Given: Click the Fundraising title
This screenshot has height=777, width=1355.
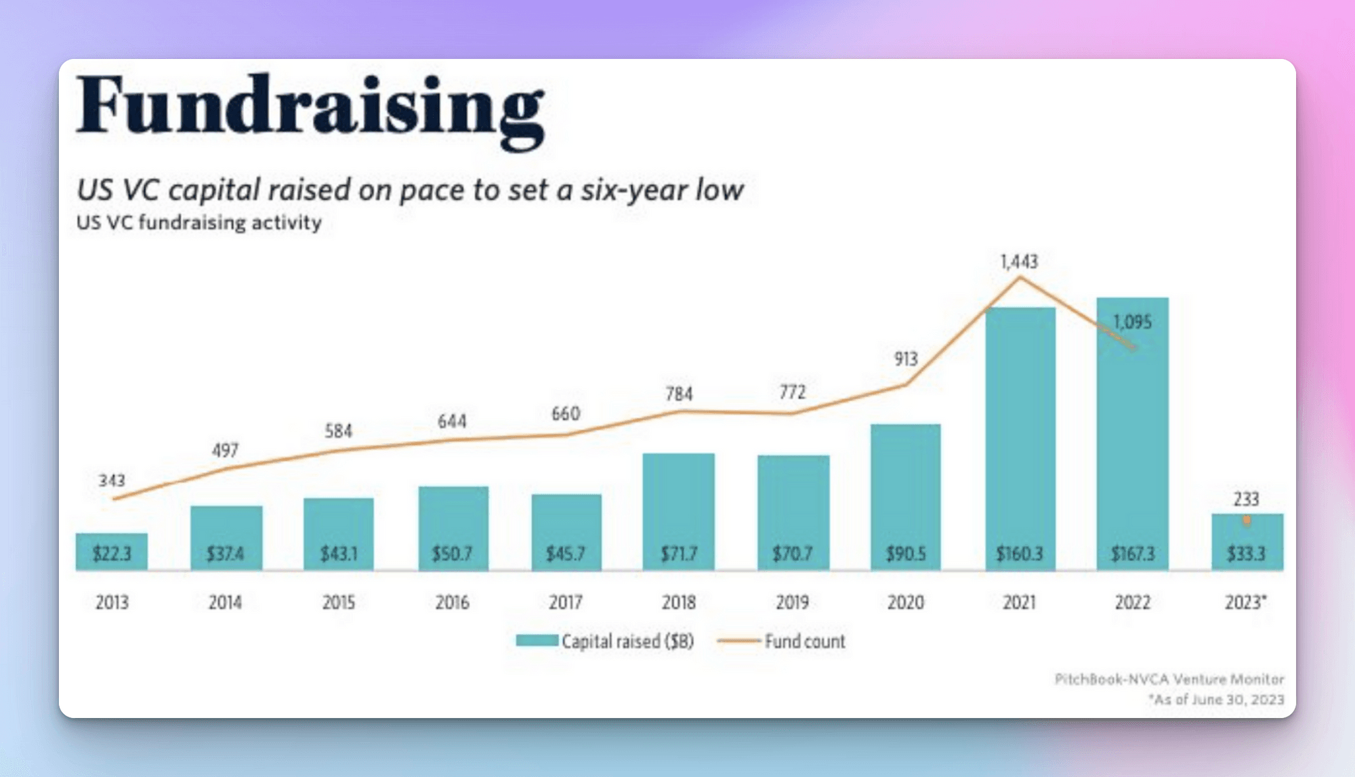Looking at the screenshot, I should pos(310,108).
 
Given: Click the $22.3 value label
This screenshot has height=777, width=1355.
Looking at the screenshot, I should pos(112,554).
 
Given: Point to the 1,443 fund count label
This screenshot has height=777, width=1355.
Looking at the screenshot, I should pos(1019,261).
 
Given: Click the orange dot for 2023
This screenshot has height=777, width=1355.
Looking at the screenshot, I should pos(1247,520).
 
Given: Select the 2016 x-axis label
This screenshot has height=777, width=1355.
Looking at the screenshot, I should pos(452,602).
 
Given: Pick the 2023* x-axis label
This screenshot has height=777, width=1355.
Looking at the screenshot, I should pos(1245,602).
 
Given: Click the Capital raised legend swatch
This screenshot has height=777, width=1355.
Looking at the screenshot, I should pos(537,641).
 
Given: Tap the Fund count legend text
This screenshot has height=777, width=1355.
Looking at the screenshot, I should pos(805,642).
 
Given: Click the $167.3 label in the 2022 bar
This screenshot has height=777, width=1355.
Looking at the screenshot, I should pos(1132,554).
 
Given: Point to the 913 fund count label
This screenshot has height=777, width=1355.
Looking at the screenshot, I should pos(905,359).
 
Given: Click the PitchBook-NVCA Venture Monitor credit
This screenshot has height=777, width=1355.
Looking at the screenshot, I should pos(1169,679).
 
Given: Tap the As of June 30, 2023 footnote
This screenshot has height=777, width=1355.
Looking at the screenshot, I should pos(1217,700).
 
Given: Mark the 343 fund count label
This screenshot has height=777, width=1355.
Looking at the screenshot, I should pos(112,480).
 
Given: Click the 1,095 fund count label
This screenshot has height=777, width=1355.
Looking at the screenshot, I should pos(1132,322).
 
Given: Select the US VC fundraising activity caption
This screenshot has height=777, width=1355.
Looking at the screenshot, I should pos(199,222).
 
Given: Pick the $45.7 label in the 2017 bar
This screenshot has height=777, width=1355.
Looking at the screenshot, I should pos(566,554).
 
